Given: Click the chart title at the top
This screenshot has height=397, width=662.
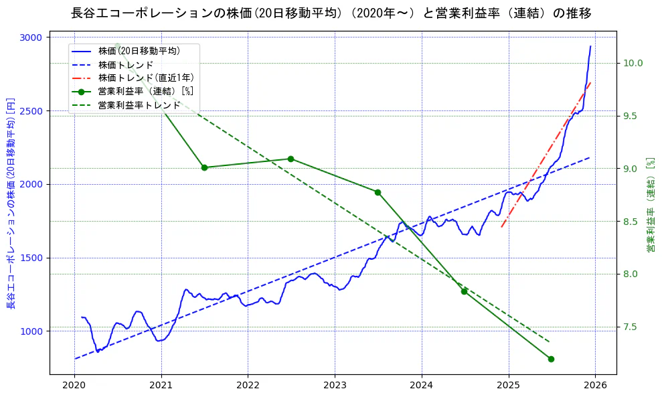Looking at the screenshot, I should tap(331, 13).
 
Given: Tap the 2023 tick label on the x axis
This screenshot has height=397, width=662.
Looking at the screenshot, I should tap(335, 386).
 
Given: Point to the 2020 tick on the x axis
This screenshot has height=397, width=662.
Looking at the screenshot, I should tap(74, 386).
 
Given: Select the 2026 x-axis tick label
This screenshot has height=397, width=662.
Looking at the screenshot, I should tap(596, 386).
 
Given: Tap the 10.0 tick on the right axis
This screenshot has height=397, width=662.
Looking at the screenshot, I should tap(633, 63).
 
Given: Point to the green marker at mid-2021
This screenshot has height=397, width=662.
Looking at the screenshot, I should tap(204, 167).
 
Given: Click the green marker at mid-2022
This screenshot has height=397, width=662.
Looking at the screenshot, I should tap(291, 159).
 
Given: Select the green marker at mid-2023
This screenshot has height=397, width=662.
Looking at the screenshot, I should tap(378, 192).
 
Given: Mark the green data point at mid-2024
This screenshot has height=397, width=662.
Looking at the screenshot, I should tap(464, 291).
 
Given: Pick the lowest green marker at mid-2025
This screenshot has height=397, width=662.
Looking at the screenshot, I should tap(551, 359).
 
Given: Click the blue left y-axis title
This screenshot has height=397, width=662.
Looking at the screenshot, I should tap(11, 204).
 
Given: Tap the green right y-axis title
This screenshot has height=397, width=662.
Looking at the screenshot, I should tap(650, 205).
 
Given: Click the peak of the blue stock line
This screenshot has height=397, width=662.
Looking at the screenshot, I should tap(590, 46).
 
